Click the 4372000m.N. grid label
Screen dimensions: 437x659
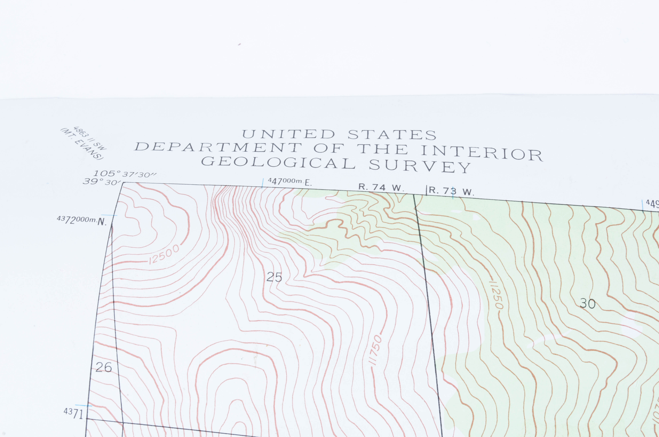(82, 220)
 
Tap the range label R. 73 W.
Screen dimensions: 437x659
(451, 191)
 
